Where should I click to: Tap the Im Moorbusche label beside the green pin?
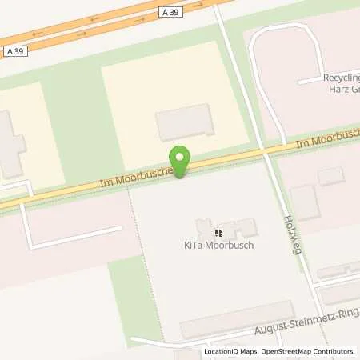(x=132, y=177)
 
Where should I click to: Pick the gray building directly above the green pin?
(x=186, y=122)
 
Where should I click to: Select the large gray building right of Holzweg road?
(x=305, y=202)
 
